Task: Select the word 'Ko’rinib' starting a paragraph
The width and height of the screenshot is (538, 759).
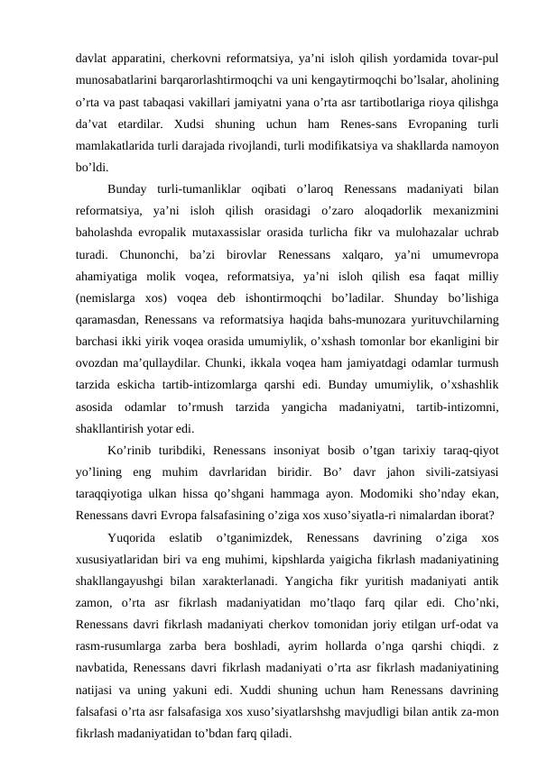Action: click(x=131, y=448)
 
